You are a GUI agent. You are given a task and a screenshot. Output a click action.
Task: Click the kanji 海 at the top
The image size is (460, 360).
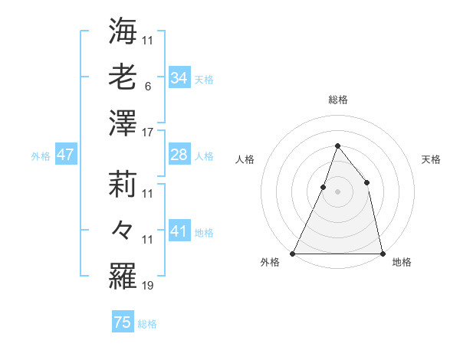pyautogui.click(x=123, y=31)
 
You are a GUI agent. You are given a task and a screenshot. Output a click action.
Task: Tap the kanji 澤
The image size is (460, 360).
pyautogui.click(x=123, y=123)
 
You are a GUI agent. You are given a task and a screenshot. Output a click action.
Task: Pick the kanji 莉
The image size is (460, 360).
pyautogui.click(x=123, y=185)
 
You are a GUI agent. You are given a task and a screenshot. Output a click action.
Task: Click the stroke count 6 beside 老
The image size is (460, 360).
pyautogui.click(x=147, y=87)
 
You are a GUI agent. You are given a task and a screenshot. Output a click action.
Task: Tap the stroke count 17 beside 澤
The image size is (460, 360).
pyautogui.click(x=148, y=133)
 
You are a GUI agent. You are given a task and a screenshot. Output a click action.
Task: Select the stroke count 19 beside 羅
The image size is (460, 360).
pyautogui.click(x=148, y=286)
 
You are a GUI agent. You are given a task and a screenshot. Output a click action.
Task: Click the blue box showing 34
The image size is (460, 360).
pyautogui.click(x=179, y=78)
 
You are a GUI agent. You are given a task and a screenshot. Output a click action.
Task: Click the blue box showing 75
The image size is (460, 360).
pyautogui.click(x=123, y=323)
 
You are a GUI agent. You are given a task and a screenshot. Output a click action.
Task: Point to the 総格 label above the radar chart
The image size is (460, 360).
pyautogui.click(x=337, y=100)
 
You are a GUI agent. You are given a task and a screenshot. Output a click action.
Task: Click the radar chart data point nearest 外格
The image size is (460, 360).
pyautogui.click(x=293, y=253)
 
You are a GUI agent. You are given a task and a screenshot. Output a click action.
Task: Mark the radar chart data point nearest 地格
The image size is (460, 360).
pyautogui.click(x=382, y=253)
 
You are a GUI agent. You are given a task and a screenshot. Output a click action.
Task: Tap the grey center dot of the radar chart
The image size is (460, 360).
pyautogui.click(x=337, y=191)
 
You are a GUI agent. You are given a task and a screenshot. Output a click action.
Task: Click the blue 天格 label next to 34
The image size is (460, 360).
pyautogui.click(x=204, y=79)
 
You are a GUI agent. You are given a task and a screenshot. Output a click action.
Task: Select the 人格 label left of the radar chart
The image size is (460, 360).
pyautogui.click(x=245, y=159)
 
